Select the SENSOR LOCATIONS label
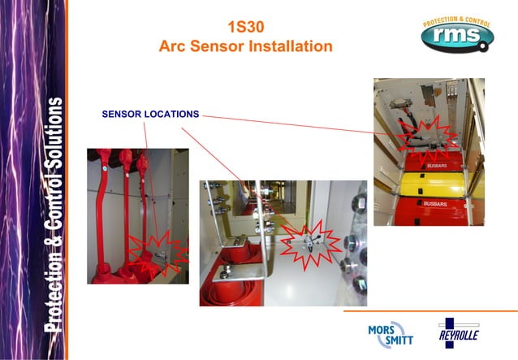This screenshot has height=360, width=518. coord(150,115)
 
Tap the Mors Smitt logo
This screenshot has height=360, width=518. coord(387,332)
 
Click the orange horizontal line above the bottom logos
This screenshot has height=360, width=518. coord(430,310)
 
